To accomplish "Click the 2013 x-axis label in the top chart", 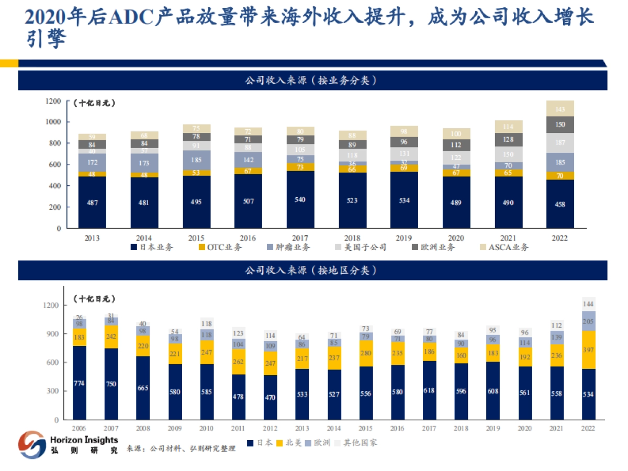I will (x=92, y=238).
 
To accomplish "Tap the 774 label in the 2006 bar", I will (x=79, y=383).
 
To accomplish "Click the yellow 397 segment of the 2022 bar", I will (x=588, y=350).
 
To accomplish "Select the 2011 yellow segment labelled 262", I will (x=238, y=361).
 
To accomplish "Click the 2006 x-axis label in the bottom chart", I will (x=79, y=428).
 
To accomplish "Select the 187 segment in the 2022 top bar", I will (x=560, y=143).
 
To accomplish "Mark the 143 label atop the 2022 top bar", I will (x=560, y=109).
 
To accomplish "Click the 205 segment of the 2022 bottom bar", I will (x=588, y=321).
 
